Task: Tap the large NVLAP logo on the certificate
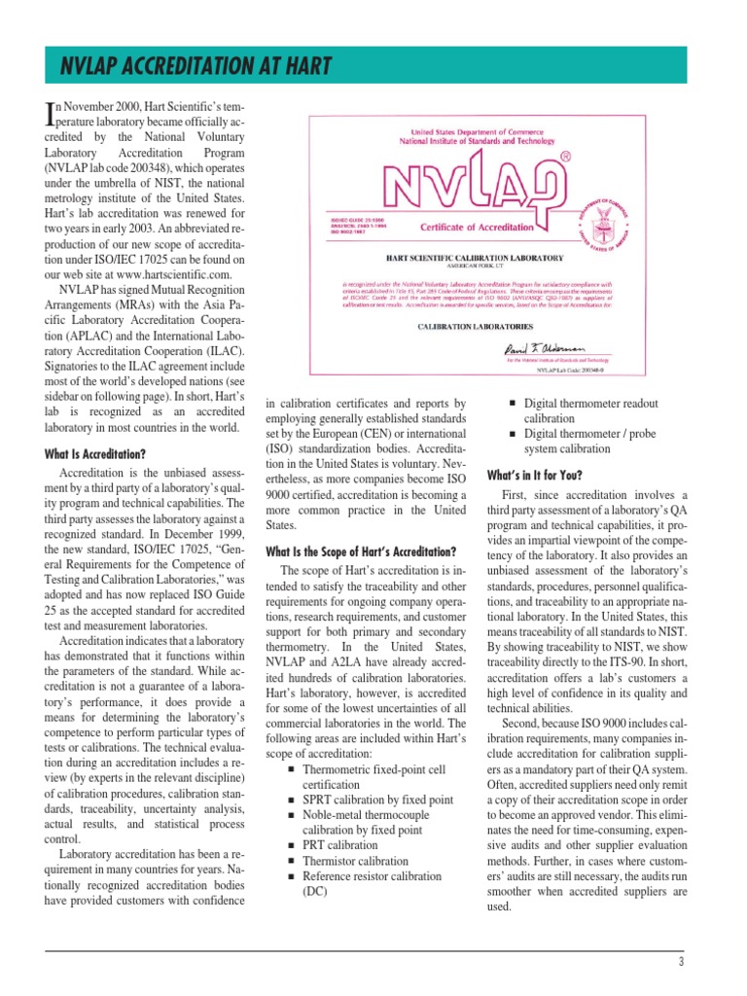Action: click(x=477, y=185)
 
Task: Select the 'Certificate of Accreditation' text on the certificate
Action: click(x=477, y=227)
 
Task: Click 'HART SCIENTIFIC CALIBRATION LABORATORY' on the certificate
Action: click(x=475, y=258)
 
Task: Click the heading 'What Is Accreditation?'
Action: click(x=95, y=454)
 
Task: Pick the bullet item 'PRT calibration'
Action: click(x=340, y=845)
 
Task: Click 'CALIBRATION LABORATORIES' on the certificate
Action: click(x=474, y=327)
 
